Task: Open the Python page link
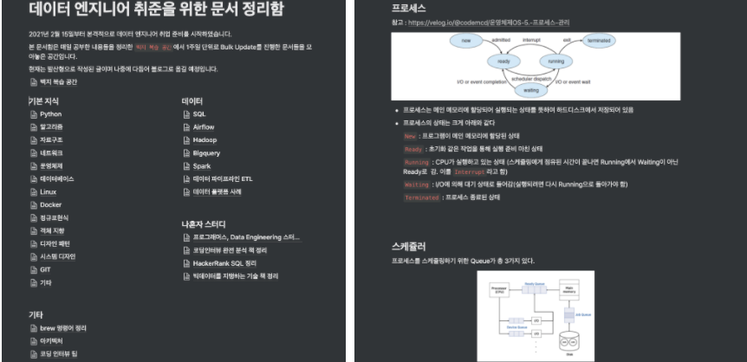tap(50, 114)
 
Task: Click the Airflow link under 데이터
tap(203, 126)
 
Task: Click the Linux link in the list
tap(48, 191)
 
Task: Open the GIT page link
tap(45, 269)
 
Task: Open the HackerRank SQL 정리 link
tap(224, 262)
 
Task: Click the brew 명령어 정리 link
tap(63, 328)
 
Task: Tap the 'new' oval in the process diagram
tap(464, 40)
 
